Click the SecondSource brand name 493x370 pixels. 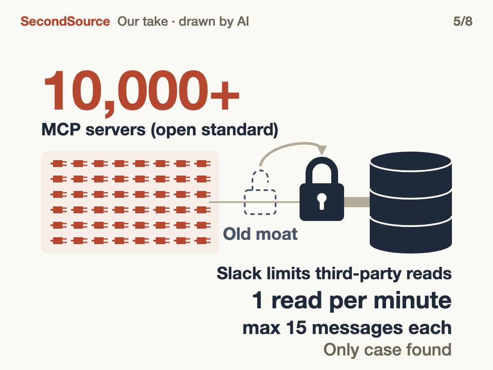click(x=65, y=21)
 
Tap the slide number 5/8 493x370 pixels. click(x=463, y=21)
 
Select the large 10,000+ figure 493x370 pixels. click(x=141, y=92)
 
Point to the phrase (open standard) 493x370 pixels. click(x=214, y=130)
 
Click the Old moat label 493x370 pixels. click(x=260, y=234)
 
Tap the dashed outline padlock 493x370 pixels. click(x=260, y=192)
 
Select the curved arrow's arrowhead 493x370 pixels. click(x=321, y=150)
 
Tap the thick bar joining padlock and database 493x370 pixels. click(x=357, y=202)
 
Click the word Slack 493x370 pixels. click(x=239, y=273)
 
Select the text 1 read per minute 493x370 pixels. click(x=352, y=300)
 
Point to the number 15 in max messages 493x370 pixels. click(x=296, y=328)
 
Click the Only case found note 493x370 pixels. click(x=387, y=349)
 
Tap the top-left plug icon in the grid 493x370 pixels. click(x=59, y=164)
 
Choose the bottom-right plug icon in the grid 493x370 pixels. click(x=202, y=241)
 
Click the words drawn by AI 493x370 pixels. click(x=214, y=22)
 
